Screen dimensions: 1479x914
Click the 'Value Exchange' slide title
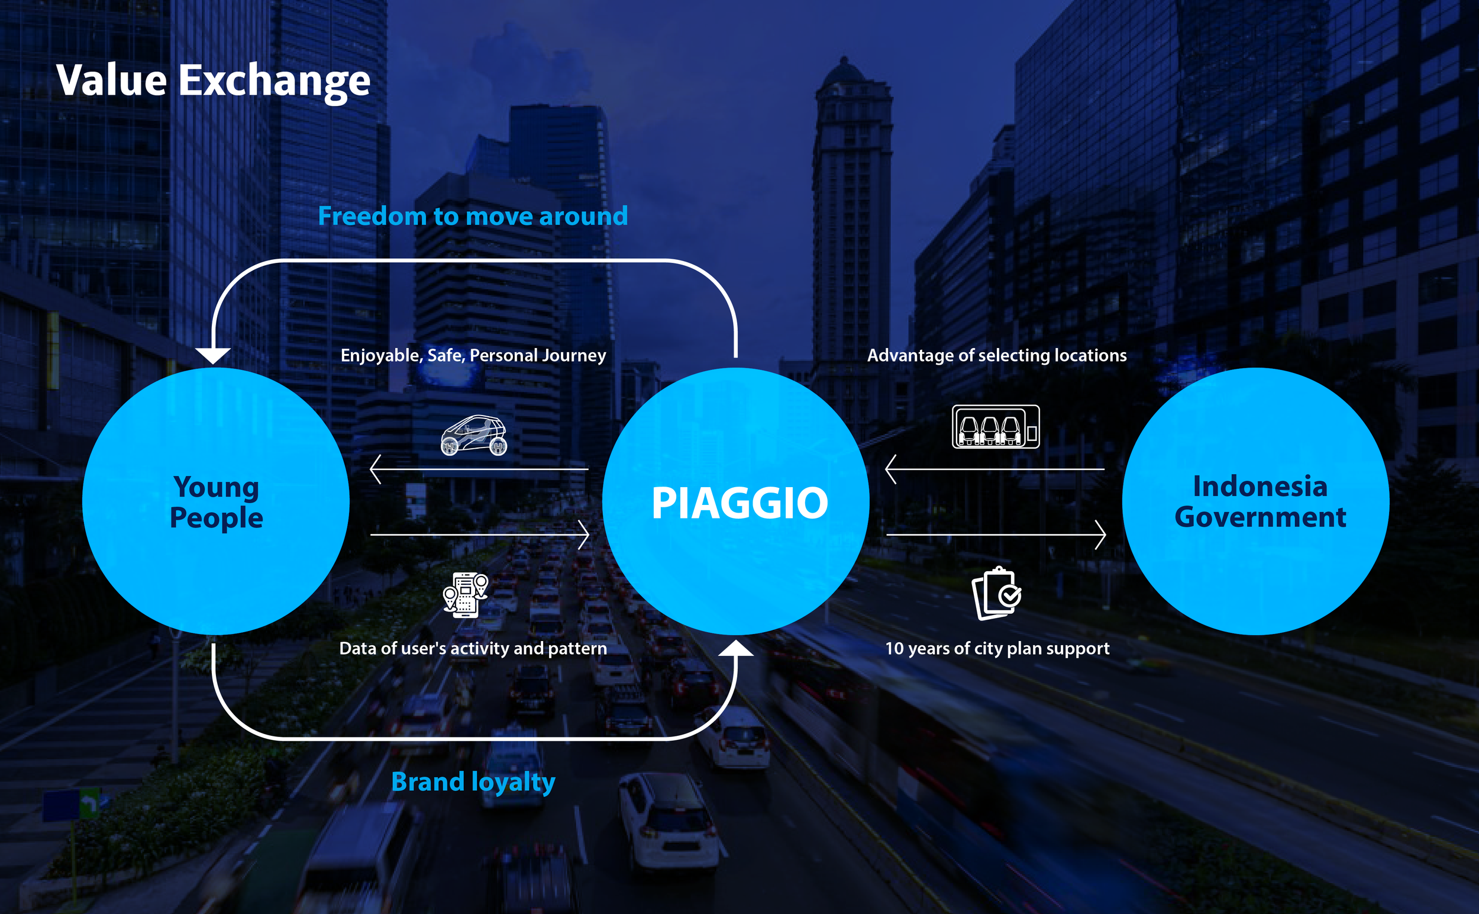click(212, 81)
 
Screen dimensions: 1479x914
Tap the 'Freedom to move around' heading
click(473, 216)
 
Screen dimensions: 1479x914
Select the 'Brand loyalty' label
click(473, 781)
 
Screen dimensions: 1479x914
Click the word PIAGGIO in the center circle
click(739, 503)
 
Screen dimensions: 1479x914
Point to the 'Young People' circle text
click(216, 502)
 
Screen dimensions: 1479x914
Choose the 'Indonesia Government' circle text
click(1260, 502)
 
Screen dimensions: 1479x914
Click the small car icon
click(474, 435)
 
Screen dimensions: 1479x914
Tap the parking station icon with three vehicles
click(996, 426)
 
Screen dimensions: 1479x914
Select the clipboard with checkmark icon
click(997, 594)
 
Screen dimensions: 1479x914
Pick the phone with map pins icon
click(465, 595)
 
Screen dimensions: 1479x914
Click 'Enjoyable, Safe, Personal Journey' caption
click(473, 355)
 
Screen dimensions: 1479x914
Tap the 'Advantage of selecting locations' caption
click(997, 355)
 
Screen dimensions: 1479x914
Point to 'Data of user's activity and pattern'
click(473, 648)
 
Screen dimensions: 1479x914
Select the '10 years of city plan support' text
click(997, 648)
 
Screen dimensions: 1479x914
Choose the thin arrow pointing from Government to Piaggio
click(994, 469)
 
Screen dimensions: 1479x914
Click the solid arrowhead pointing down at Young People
click(212, 355)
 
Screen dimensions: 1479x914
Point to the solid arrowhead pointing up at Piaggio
click(736, 648)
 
